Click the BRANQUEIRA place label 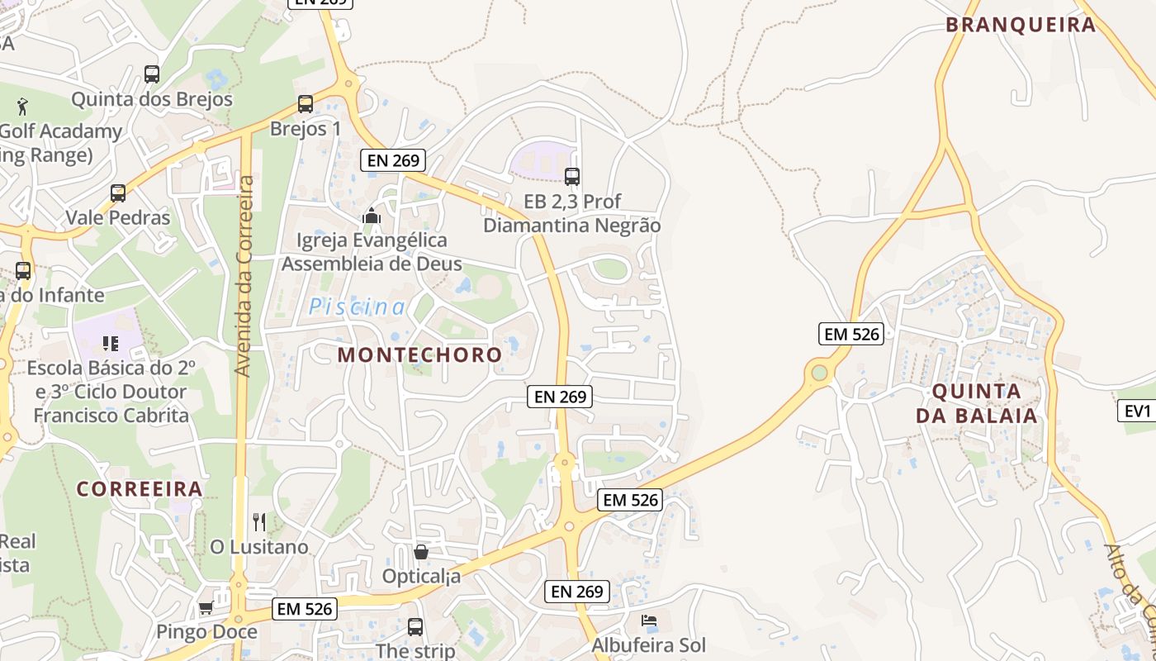(x=1021, y=25)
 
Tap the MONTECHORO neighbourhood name (x=419, y=354)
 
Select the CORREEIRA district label (x=140, y=488)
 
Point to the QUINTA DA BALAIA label (x=976, y=403)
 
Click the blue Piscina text (x=357, y=307)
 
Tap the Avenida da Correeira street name (x=243, y=276)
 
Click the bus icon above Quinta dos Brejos (x=152, y=74)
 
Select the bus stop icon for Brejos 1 (x=306, y=104)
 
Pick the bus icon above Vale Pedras (x=118, y=193)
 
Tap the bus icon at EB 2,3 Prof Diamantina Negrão (x=572, y=176)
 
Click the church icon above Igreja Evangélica (x=372, y=216)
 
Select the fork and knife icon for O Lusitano (x=259, y=521)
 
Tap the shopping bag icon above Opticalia (x=421, y=551)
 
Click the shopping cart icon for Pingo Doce (x=206, y=608)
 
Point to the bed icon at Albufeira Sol (x=649, y=621)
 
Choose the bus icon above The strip (x=415, y=627)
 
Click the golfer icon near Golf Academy (x=22, y=106)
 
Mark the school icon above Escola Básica (x=110, y=342)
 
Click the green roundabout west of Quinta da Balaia (x=819, y=373)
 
